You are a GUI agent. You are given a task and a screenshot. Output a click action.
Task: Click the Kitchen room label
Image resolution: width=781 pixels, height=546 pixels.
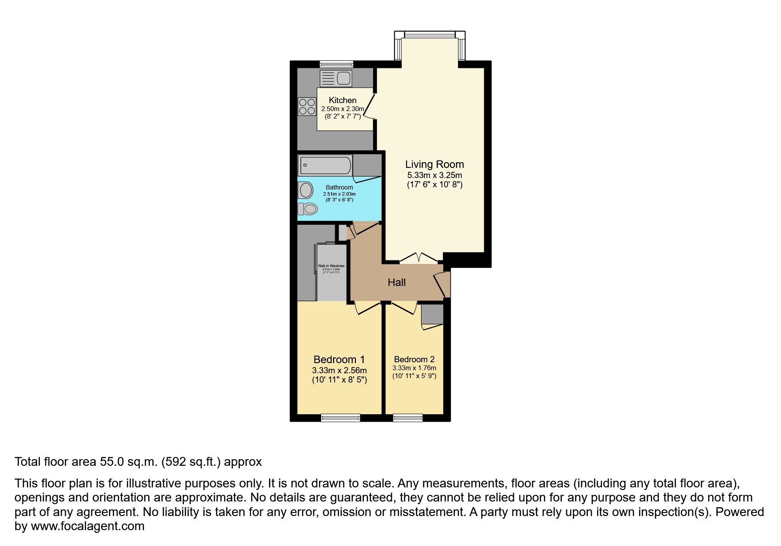pyautogui.click(x=342, y=100)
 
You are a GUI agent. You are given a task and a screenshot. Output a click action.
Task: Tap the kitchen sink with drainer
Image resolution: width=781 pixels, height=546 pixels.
pyautogui.click(x=336, y=79)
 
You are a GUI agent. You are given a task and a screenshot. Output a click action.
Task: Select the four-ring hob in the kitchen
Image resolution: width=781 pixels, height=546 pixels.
pyautogui.click(x=307, y=106)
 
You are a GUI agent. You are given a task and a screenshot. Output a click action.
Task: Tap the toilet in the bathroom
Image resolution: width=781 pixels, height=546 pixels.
pyautogui.click(x=308, y=208)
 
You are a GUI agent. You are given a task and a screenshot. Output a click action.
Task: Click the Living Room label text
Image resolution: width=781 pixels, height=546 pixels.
pyautogui.click(x=434, y=164)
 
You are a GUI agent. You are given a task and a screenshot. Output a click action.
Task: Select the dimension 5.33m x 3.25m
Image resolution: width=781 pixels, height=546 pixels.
pyautogui.click(x=434, y=175)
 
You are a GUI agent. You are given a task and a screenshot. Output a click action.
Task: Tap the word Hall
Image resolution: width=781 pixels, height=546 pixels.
pyautogui.click(x=396, y=282)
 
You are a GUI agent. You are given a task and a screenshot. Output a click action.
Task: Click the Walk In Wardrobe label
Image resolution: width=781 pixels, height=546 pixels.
pyautogui.click(x=331, y=266)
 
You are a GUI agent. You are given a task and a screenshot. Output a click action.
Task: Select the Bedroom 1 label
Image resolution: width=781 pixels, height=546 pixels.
pyautogui.click(x=339, y=360)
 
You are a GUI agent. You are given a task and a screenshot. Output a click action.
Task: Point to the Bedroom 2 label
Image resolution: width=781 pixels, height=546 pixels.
pyautogui.click(x=414, y=360)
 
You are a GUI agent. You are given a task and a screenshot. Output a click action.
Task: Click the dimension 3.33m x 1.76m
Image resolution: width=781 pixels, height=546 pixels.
pyautogui.click(x=414, y=368)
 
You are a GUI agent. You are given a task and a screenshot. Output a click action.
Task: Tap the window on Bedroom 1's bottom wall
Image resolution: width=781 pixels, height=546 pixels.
pyautogui.click(x=340, y=418)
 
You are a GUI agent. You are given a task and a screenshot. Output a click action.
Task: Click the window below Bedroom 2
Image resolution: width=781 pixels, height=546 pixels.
pyautogui.click(x=407, y=418)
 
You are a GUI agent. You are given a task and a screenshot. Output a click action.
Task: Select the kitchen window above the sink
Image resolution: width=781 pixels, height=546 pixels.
pyautogui.click(x=336, y=64)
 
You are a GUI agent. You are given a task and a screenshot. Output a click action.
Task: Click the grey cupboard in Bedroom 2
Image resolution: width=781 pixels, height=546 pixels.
pyautogui.click(x=432, y=314)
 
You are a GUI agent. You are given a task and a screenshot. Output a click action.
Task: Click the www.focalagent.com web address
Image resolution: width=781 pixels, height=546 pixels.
pyautogui.click(x=87, y=526)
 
